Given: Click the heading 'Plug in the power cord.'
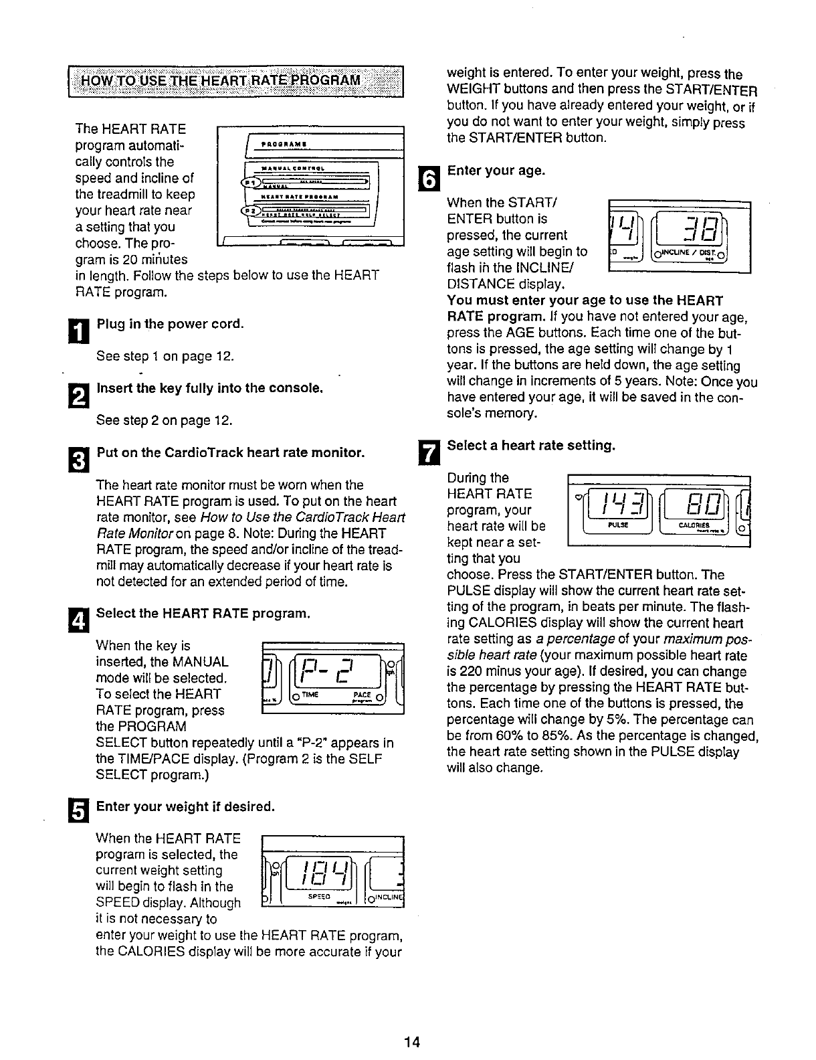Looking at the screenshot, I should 170,324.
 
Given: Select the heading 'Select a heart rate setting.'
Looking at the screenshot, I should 530,445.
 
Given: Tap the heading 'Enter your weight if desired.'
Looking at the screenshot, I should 186,806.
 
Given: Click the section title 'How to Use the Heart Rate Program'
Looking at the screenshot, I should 221,82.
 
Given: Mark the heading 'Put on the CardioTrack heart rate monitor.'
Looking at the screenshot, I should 231,452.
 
